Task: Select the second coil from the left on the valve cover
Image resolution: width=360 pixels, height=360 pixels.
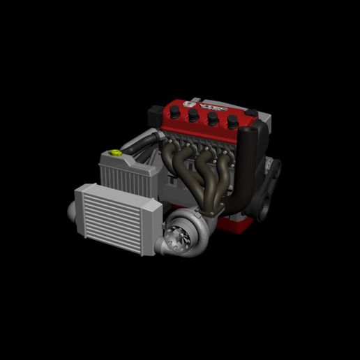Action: click(x=193, y=115)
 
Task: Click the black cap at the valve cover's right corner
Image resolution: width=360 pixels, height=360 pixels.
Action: click(x=250, y=114)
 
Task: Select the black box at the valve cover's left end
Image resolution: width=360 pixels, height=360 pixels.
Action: click(x=156, y=114)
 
